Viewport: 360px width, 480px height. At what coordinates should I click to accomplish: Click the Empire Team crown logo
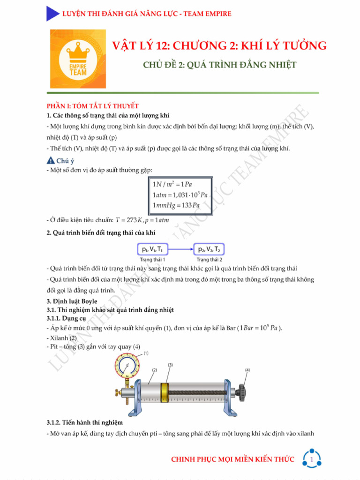pos(78,59)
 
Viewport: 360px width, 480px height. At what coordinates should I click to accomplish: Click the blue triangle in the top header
pos(52,14)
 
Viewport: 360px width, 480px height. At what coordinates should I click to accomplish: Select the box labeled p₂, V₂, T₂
pos(209,249)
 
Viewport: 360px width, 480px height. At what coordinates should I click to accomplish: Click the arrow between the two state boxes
pos(181,249)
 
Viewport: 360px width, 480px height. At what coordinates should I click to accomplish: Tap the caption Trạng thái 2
pos(209,259)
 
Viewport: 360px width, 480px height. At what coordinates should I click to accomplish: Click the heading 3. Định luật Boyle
pos(72,301)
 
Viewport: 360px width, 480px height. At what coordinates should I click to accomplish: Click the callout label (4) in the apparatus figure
pos(247,370)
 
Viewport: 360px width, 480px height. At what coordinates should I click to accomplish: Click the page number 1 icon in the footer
pos(312,460)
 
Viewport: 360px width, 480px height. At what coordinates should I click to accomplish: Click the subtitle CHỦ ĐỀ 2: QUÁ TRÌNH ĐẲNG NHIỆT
pos(219,65)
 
